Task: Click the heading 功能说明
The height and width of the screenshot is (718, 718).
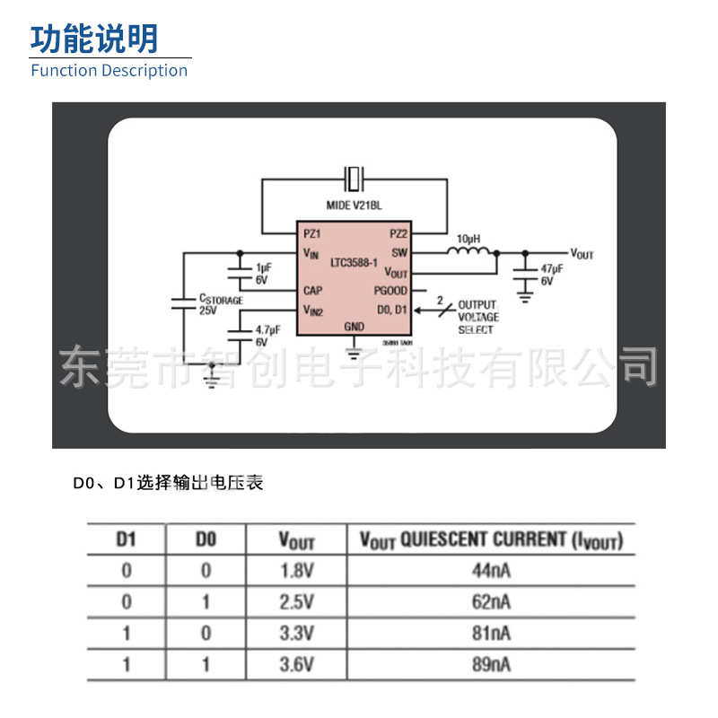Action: tap(94, 39)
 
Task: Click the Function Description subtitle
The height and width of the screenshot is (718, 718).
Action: tap(109, 71)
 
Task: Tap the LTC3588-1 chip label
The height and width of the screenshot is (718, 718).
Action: tap(355, 262)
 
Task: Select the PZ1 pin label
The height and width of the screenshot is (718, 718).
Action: tap(311, 233)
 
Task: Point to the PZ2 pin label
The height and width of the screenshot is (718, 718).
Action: tap(398, 233)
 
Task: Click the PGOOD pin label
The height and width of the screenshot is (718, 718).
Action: tap(390, 291)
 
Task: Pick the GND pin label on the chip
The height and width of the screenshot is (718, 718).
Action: tap(355, 327)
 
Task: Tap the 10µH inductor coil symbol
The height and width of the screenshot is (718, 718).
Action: tap(470, 253)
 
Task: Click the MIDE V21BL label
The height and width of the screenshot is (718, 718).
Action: tap(354, 206)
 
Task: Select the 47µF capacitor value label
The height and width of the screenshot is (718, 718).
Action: tap(552, 268)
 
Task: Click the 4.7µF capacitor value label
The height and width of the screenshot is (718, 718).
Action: tap(268, 330)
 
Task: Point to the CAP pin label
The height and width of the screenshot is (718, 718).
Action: tap(313, 291)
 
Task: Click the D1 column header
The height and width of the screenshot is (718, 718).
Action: tap(127, 540)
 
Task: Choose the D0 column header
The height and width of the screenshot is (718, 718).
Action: tap(206, 540)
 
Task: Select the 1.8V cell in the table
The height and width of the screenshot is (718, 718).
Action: tap(296, 570)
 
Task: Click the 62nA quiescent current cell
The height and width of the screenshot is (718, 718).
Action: tap(491, 601)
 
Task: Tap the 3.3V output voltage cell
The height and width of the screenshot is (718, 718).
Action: tap(296, 634)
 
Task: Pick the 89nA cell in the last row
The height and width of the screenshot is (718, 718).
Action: tap(491, 665)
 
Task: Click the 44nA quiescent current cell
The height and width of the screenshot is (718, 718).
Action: tap(491, 570)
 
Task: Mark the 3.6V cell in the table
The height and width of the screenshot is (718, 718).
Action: tap(296, 665)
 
